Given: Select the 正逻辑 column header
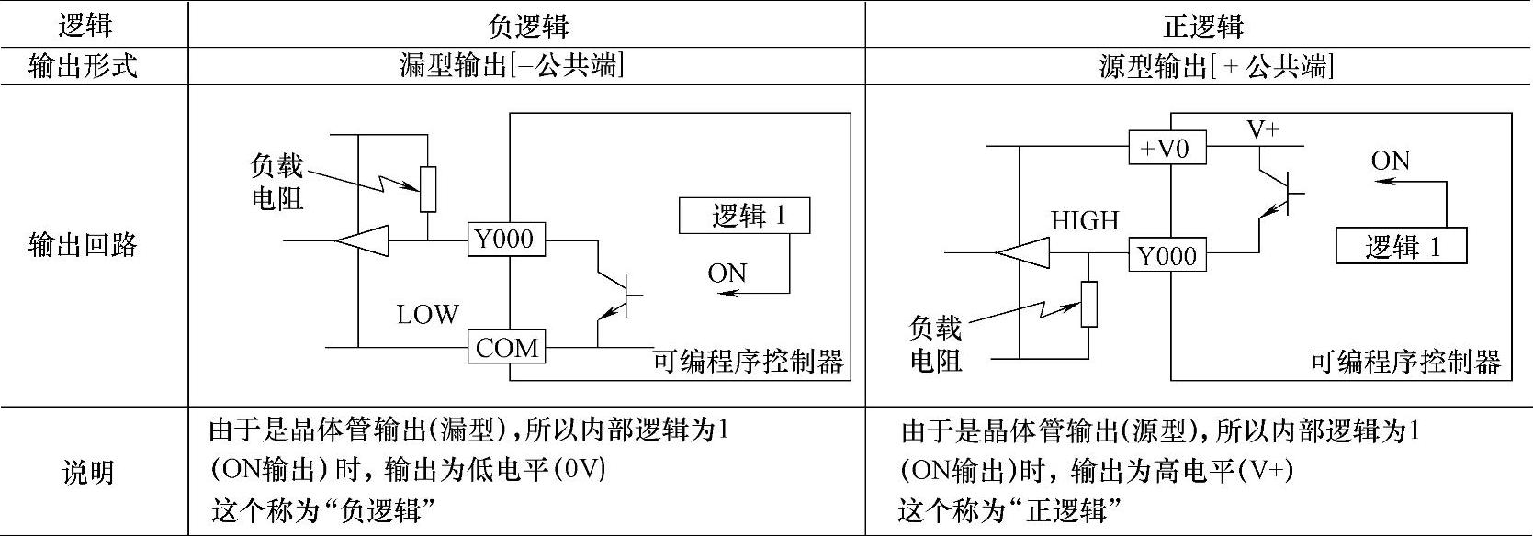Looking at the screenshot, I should pyautogui.click(x=1203, y=26).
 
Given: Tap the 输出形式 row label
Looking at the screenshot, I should pyautogui.click(x=85, y=67).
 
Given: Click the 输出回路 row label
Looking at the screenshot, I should pyautogui.click(x=85, y=245).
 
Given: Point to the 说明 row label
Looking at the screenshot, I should pyautogui.click(x=86, y=472).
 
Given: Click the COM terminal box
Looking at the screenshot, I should pyautogui.click(x=507, y=348).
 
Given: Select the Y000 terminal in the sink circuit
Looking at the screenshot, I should pyautogui.click(x=505, y=240).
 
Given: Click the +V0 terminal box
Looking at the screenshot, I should pyautogui.click(x=1167, y=147).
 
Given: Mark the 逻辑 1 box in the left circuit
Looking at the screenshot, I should pyautogui.click(x=745, y=216).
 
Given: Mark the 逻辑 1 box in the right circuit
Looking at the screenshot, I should pyautogui.click(x=1401, y=247).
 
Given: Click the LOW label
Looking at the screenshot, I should pyautogui.click(x=427, y=315).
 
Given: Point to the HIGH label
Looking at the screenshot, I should pyautogui.click(x=1085, y=220).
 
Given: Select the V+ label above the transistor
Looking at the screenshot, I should pyautogui.click(x=1263, y=129).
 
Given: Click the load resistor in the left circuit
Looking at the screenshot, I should pyautogui.click(x=428, y=188).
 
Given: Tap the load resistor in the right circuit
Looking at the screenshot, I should pyautogui.click(x=1088, y=304).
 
